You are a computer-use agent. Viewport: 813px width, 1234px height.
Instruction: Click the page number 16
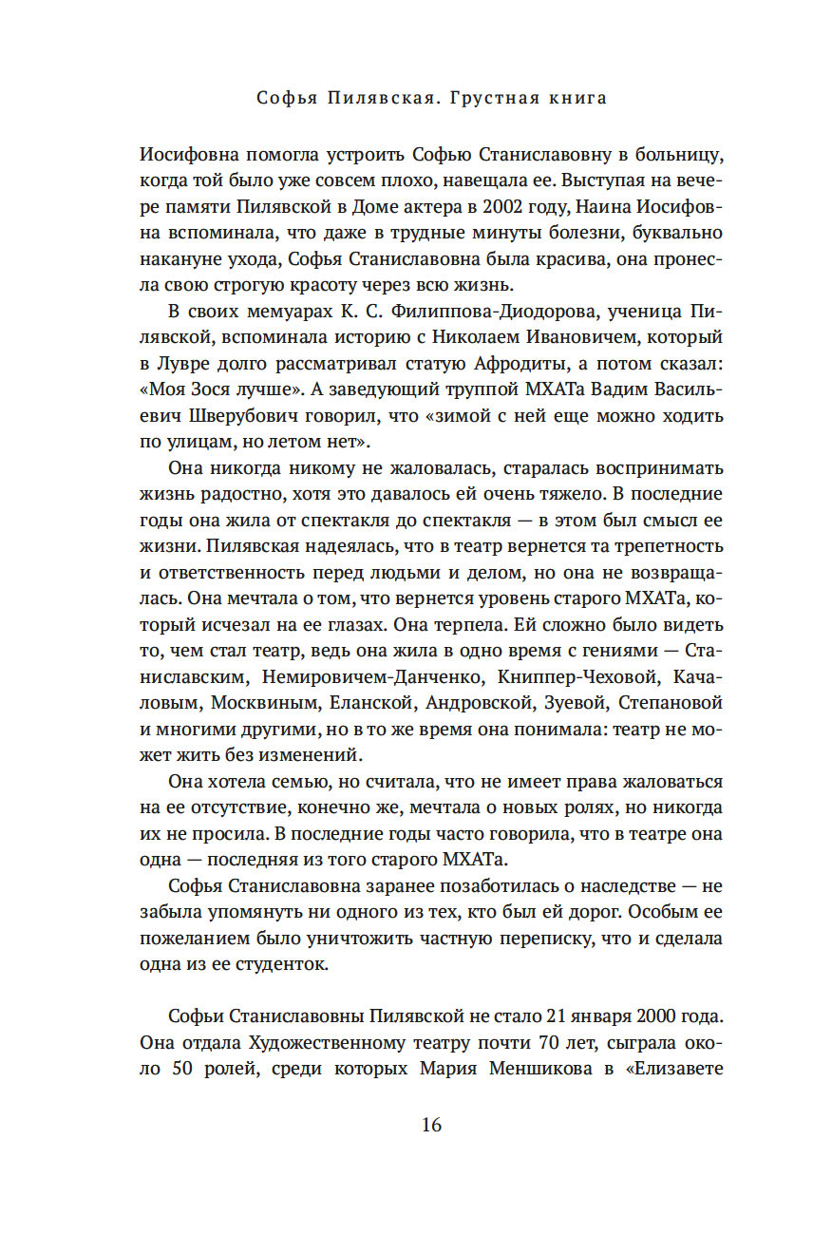(x=430, y=1125)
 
